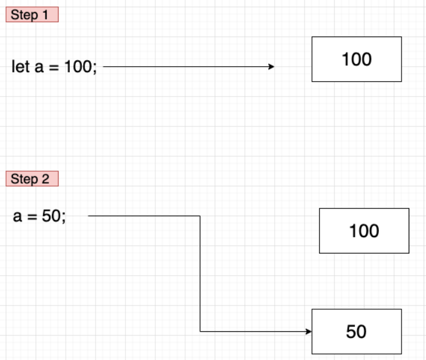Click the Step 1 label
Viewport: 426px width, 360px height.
(x=32, y=15)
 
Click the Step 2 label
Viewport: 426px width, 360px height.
(x=32, y=179)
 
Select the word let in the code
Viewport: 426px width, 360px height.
(x=20, y=67)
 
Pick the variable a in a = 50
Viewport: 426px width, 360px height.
(x=17, y=216)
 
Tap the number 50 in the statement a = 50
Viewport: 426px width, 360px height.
(x=51, y=216)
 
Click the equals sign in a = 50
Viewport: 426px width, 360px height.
(x=31, y=216)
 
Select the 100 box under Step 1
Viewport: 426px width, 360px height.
(x=356, y=59)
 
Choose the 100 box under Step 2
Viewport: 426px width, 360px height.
(x=364, y=231)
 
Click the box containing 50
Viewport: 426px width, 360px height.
(x=356, y=331)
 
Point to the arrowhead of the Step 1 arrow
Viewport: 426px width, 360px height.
(x=271, y=67)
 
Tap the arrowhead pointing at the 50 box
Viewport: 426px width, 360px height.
(x=308, y=331)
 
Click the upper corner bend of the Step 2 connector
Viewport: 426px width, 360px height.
(x=200, y=216)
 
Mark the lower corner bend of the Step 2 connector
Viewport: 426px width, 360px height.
(x=200, y=331)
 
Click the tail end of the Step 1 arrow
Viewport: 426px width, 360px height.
(x=105, y=67)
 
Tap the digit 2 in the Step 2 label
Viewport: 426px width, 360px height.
(x=46, y=179)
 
